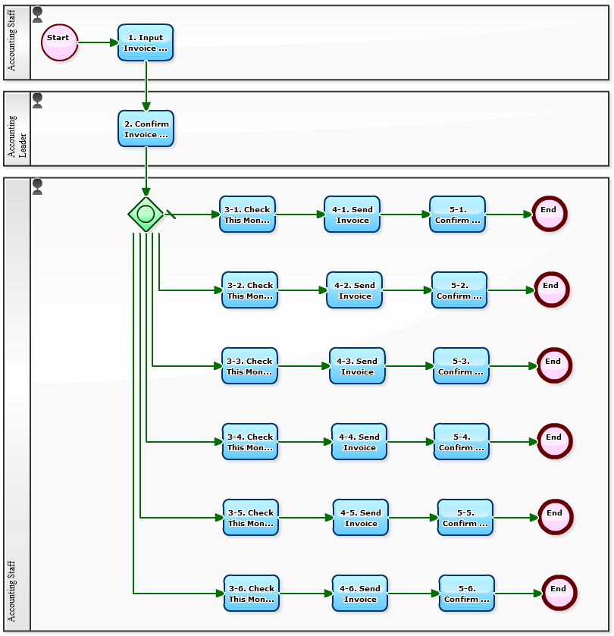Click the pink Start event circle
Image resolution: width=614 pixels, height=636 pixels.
pos(60,42)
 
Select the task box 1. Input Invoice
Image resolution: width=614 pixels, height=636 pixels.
pos(146,42)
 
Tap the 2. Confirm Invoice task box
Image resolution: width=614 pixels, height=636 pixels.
pos(146,129)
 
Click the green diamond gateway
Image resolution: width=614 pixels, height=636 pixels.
pos(146,215)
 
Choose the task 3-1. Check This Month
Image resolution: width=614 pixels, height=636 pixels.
pos(247,215)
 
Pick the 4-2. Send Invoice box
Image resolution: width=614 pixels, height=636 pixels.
pos(354,290)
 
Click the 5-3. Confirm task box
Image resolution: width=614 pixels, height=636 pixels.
pos(461,366)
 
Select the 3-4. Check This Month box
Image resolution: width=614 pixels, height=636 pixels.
pos(250,442)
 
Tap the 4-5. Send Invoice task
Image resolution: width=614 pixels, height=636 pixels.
pos(361,518)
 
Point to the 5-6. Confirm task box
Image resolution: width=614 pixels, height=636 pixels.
pos(467,594)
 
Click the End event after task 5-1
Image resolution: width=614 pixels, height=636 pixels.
pos(549,215)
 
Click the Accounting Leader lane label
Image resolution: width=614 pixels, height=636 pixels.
pos(17,129)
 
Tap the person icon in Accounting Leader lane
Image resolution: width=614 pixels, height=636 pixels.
pos(37,100)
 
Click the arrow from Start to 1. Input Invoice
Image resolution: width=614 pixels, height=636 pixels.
pos(98,42)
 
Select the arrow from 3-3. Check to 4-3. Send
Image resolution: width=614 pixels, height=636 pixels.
pos(303,366)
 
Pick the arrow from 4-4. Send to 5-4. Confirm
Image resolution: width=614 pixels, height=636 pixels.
pos(410,442)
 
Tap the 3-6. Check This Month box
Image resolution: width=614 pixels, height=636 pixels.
pos(252,594)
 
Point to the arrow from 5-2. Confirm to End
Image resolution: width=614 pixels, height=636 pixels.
pos(511,290)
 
